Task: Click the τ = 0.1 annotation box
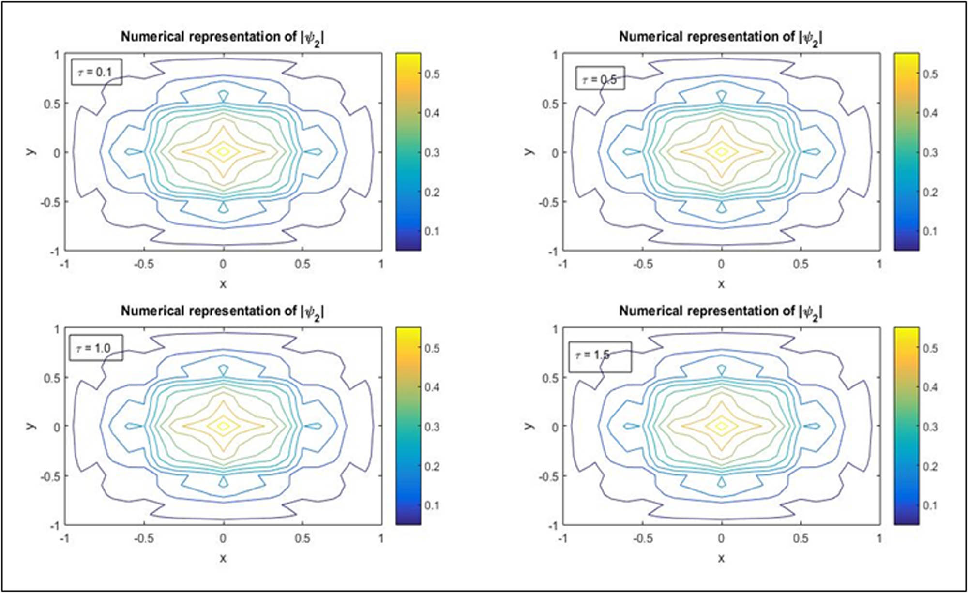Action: (96, 72)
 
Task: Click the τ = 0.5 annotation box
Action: (600, 79)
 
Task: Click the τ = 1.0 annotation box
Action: (95, 348)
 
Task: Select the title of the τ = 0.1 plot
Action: (222, 37)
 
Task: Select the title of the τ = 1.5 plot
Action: (721, 311)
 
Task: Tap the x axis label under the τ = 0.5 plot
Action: (721, 284)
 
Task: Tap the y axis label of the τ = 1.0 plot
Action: (31, 426)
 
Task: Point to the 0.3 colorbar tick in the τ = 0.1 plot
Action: (432, 152)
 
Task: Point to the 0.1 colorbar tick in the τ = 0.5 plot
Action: (930, 231)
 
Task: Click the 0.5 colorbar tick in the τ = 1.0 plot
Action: (432, 348)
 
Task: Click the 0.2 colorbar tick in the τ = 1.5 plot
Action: (930, 466)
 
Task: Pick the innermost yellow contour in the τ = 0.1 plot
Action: (223, 151)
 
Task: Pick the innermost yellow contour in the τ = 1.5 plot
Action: (721, 426)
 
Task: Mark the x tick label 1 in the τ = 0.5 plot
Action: (879, 264)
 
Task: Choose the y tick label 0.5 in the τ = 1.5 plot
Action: (550, 378)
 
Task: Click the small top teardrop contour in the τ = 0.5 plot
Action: (721, 95)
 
